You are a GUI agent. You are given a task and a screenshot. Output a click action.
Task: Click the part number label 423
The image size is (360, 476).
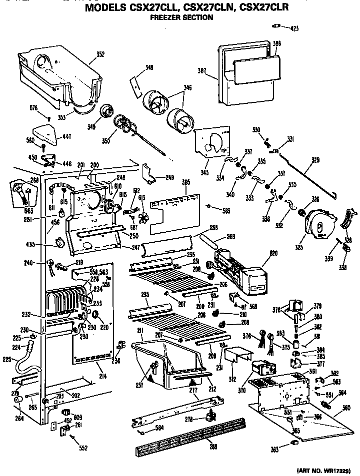(294, 28)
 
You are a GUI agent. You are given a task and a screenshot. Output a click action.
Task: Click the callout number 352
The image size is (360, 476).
(100, 54)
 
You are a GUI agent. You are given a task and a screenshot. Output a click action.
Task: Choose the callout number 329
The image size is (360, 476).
(315, 160)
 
